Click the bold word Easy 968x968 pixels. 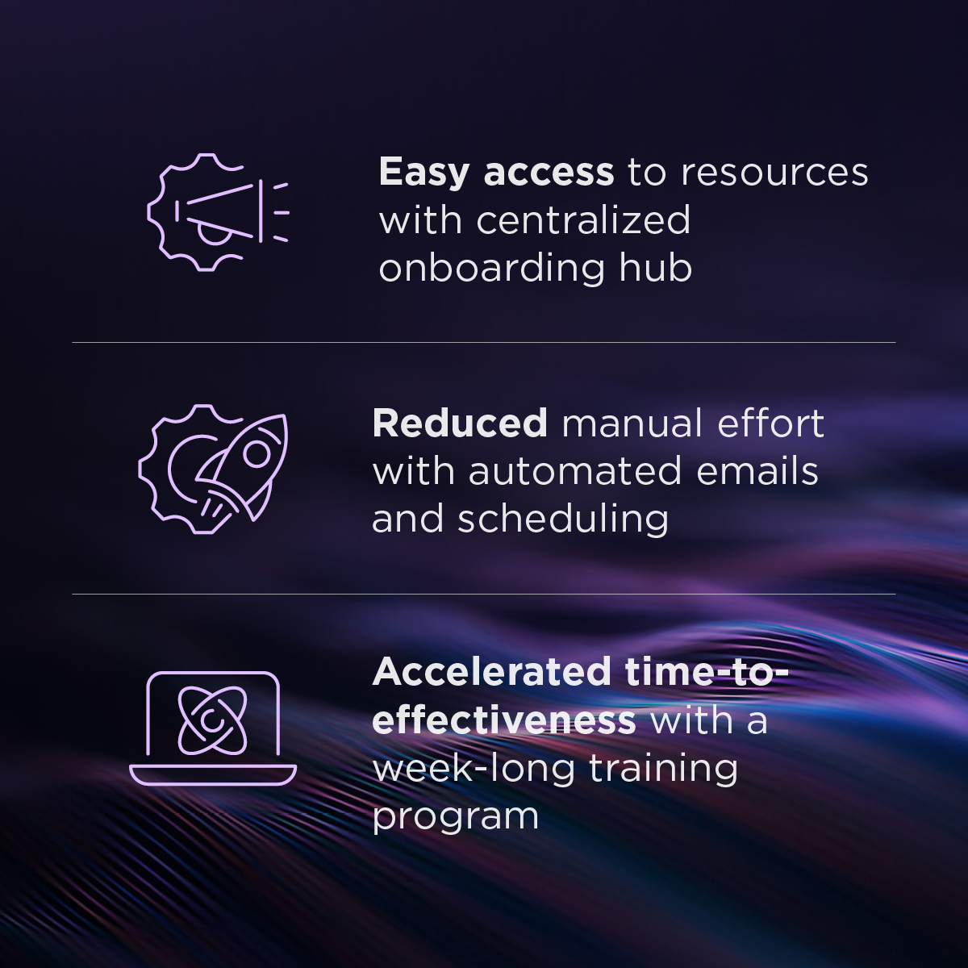[x=423, y=172]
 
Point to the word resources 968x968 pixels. [x=774, y=172]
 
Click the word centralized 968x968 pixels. [x=583, y=219]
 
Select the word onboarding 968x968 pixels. [x=491, y=269]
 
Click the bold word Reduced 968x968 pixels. [x=460, y=423]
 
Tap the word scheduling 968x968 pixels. [x=563, y=519]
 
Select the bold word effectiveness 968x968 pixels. [x=504, y=720]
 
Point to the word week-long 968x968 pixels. [x=474, y=769]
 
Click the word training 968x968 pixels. [x=663, y=769]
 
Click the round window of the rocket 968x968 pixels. [x=256, y=455]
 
